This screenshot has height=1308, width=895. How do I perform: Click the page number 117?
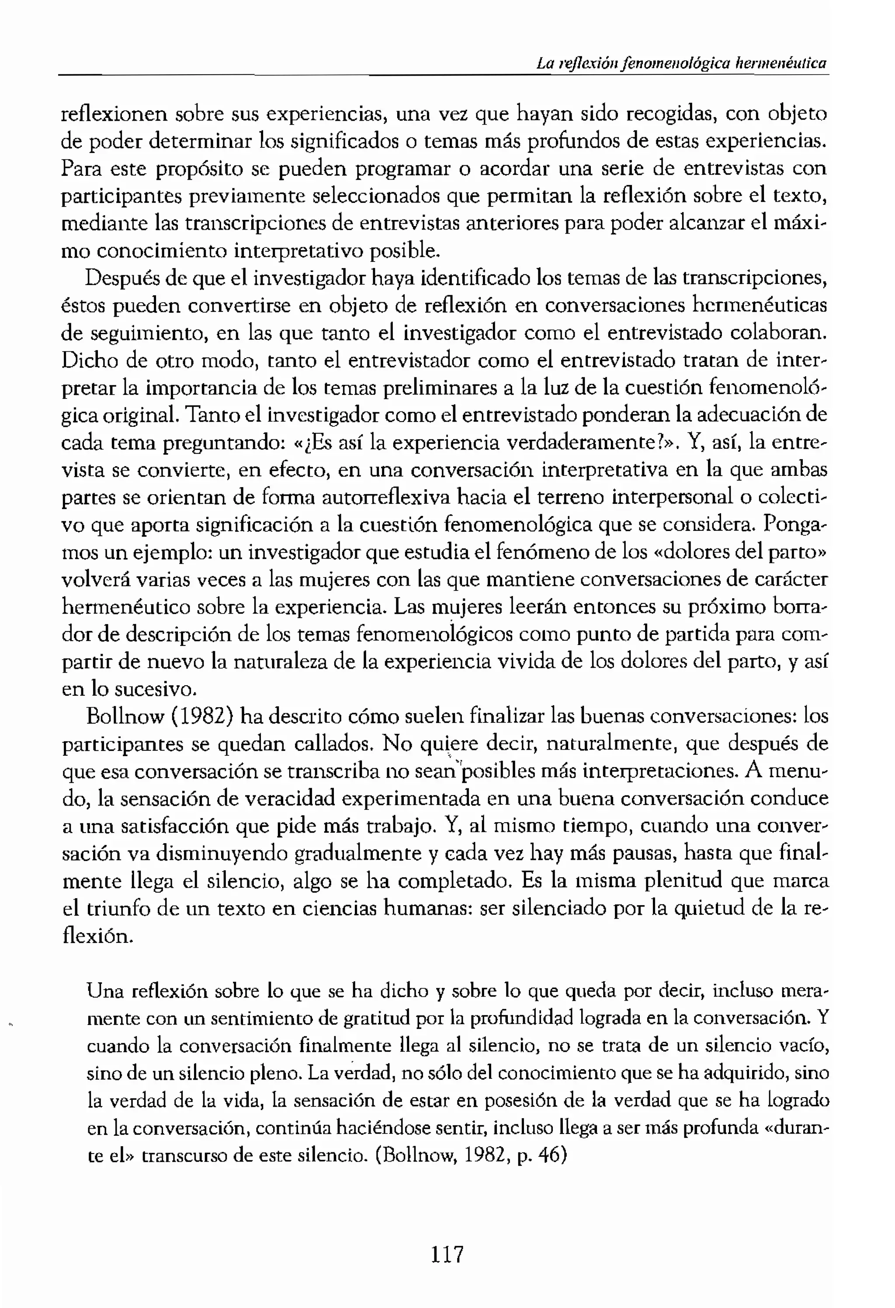pyautogui.click(x=447, y=1255)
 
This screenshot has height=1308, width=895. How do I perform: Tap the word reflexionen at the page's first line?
pyautogui.click(x=114, y=114)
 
